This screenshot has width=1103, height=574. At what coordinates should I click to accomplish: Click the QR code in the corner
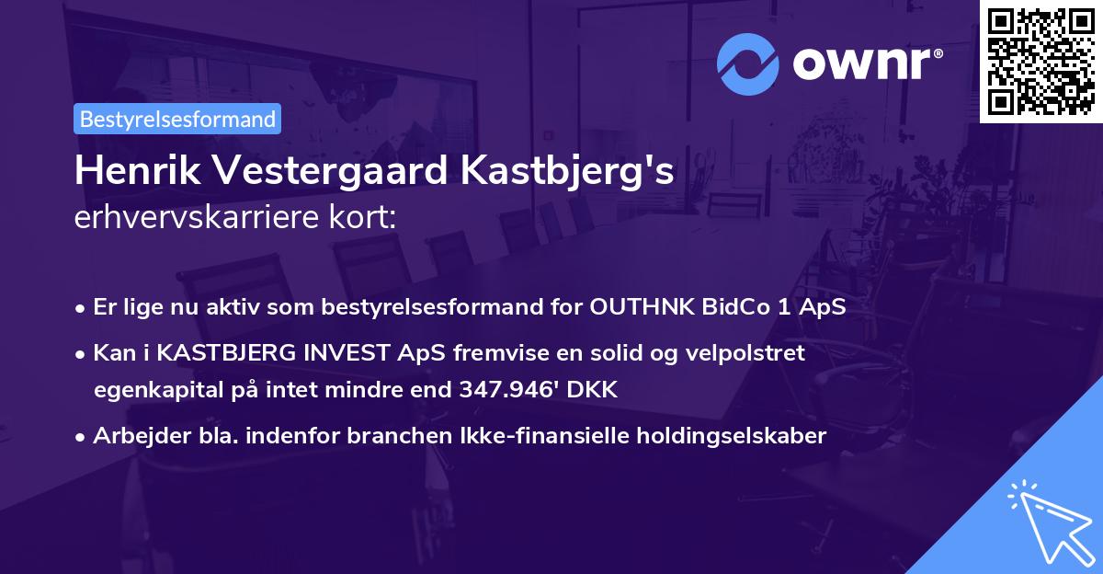(1040, 61)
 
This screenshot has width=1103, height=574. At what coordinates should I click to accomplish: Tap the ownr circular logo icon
(747, 63)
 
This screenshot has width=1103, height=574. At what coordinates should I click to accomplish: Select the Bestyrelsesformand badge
(177, 119)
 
